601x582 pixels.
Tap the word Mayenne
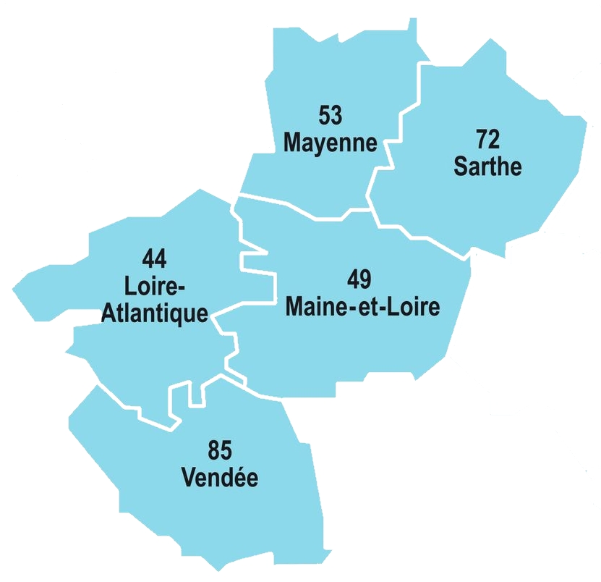coord(330,143)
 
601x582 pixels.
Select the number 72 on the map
coord(488,139)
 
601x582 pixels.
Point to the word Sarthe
coord(487,167)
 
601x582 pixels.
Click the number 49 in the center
coord(363,279)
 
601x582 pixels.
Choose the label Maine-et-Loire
coord(363,307)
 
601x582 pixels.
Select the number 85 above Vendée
coord(220,451)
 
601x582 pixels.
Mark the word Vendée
coord(220,478)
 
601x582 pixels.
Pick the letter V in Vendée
coord(189,478)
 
